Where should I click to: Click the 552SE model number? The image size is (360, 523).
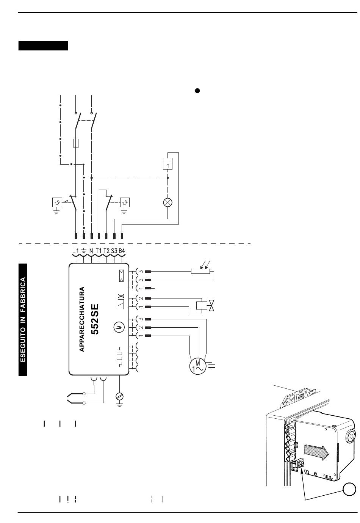95,319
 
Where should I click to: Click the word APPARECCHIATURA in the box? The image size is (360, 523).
81,319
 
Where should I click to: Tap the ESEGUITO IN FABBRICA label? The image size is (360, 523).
23,320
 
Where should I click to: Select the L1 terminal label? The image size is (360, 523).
75,251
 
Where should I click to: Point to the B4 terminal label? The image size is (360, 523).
122,251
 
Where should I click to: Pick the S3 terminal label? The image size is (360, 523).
114,251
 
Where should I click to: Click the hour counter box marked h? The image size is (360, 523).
167,163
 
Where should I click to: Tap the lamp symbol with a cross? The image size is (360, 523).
168,202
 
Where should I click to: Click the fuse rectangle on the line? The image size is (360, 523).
76,143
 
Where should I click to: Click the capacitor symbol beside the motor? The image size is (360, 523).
211,366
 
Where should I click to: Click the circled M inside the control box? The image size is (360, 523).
119,327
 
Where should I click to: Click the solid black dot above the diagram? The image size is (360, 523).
197,91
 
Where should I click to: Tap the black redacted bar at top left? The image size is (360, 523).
44,46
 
